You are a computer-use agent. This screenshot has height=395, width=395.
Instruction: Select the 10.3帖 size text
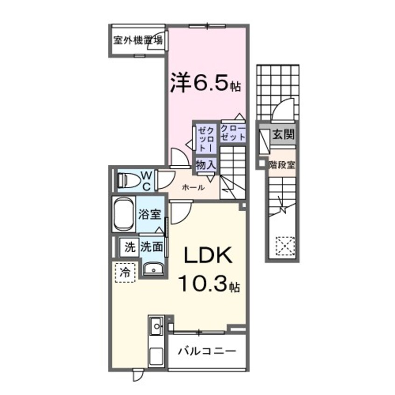click(x=209, y=283)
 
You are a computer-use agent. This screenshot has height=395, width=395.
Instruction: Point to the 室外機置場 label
click(x=138, y=40)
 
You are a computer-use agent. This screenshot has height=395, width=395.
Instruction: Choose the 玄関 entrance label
click(x=283, y=135)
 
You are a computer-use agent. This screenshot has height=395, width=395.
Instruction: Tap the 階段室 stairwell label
click(x=281, y=164)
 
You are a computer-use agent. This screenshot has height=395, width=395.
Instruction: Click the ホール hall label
click(x=193, y=187)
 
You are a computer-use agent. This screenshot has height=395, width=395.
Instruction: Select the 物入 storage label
click(x=205, y=164)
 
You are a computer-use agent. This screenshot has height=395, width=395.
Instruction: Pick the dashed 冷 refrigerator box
click(x=125, y=271)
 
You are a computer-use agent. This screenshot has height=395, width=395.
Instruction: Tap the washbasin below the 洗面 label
click(x=152, y=269)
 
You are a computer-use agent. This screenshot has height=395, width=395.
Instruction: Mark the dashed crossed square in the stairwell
click(x=285, y=245)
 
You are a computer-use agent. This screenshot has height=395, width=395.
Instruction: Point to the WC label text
click(x=146, y=181)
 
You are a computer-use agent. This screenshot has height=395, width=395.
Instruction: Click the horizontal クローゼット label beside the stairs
click(x=233, y=133)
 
